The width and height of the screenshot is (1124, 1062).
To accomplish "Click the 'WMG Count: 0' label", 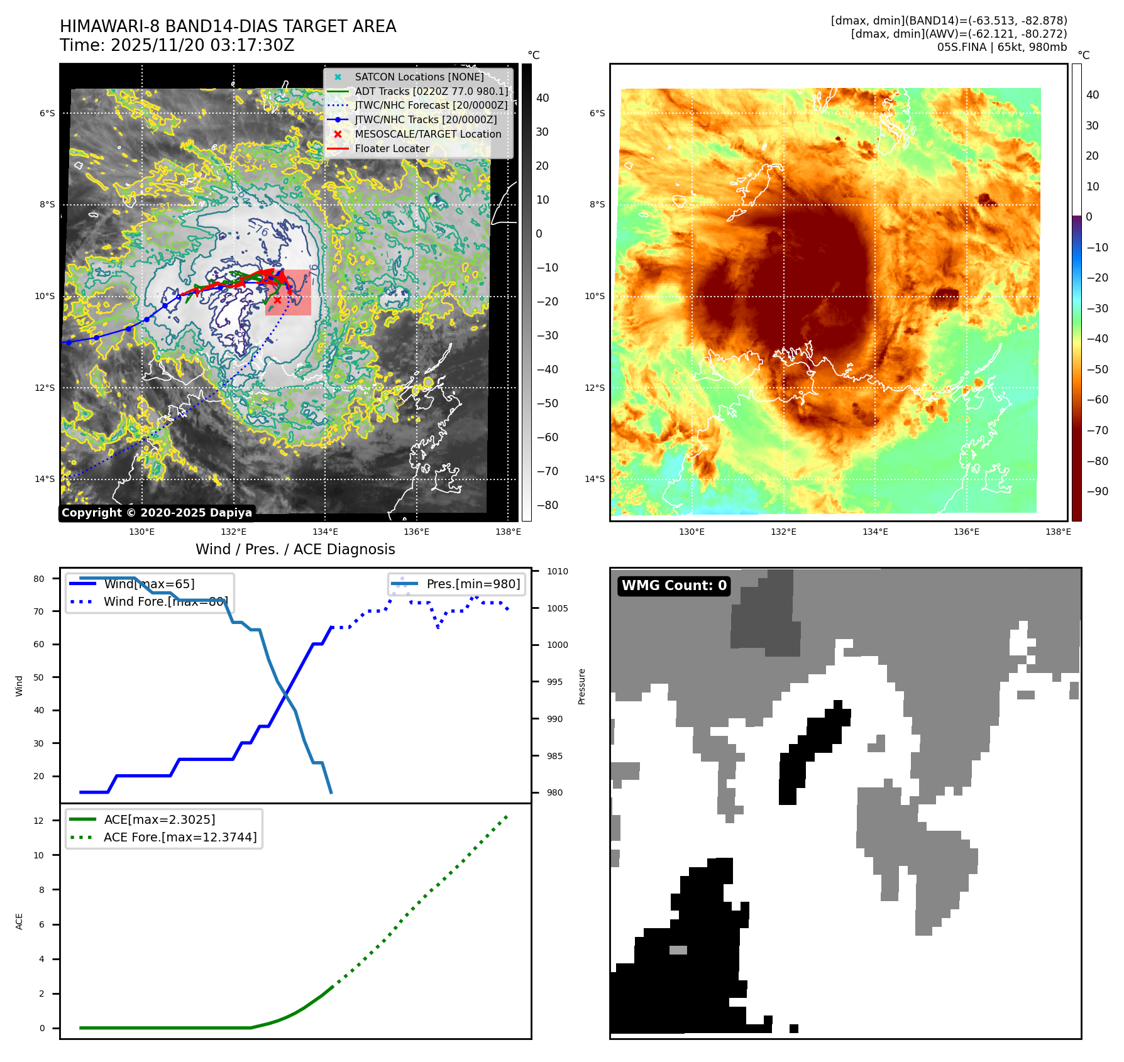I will point(674,586).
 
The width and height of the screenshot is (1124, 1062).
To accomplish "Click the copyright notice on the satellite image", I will point(157,513).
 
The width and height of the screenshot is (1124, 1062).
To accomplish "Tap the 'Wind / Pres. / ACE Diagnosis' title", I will point(295,549).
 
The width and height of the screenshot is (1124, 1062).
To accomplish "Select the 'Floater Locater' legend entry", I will point(392,149).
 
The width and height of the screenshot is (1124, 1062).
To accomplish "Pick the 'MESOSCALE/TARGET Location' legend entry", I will point(427,134).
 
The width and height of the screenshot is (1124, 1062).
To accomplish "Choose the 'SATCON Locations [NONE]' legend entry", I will point(419,77).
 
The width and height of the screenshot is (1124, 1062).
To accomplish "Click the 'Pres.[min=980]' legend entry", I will point(473,584).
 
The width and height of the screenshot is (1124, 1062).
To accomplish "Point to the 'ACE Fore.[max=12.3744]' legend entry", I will point(180,838).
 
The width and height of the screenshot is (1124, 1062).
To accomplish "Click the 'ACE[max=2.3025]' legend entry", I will point(159,820).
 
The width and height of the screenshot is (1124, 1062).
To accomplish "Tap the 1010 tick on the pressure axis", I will point(557,572).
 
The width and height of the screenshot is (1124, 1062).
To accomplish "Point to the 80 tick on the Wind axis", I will point(39,579).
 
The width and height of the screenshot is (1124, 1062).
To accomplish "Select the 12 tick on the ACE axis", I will point(39,821).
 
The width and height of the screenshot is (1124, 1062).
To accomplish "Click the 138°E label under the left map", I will point(508,532).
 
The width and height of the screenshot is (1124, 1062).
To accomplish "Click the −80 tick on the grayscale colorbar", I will point(546,505).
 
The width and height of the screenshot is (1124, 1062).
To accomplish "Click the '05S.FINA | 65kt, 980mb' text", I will point(1001,47).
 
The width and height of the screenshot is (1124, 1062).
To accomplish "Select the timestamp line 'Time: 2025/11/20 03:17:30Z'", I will point(177,45).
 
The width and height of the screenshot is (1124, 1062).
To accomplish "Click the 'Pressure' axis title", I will point(582,686).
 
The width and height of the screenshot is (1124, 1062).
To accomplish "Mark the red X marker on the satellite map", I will point(277,300).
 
